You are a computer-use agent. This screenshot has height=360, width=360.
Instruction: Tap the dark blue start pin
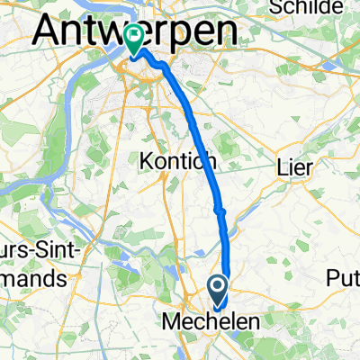pyautogui.click(x=218, y=290)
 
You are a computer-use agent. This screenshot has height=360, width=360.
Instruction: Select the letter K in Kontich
pyautogui.click(x=146, y=161)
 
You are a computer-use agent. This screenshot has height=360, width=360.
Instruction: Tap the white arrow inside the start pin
pyautogui.click(x=218, y=287)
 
